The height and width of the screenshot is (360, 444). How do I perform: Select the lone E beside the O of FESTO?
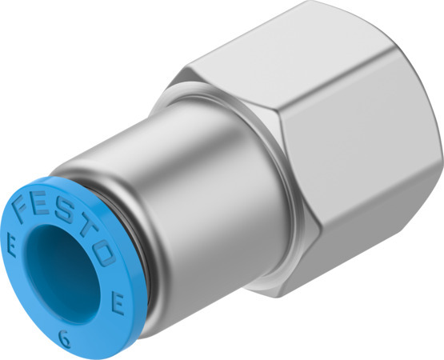point(117,303)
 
